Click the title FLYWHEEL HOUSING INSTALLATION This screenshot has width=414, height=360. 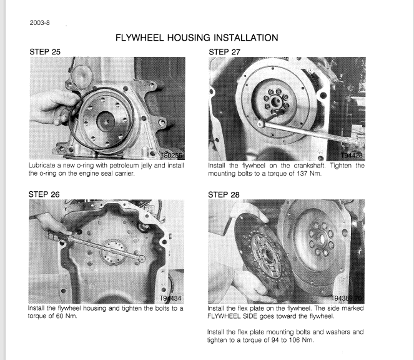point(197,39)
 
